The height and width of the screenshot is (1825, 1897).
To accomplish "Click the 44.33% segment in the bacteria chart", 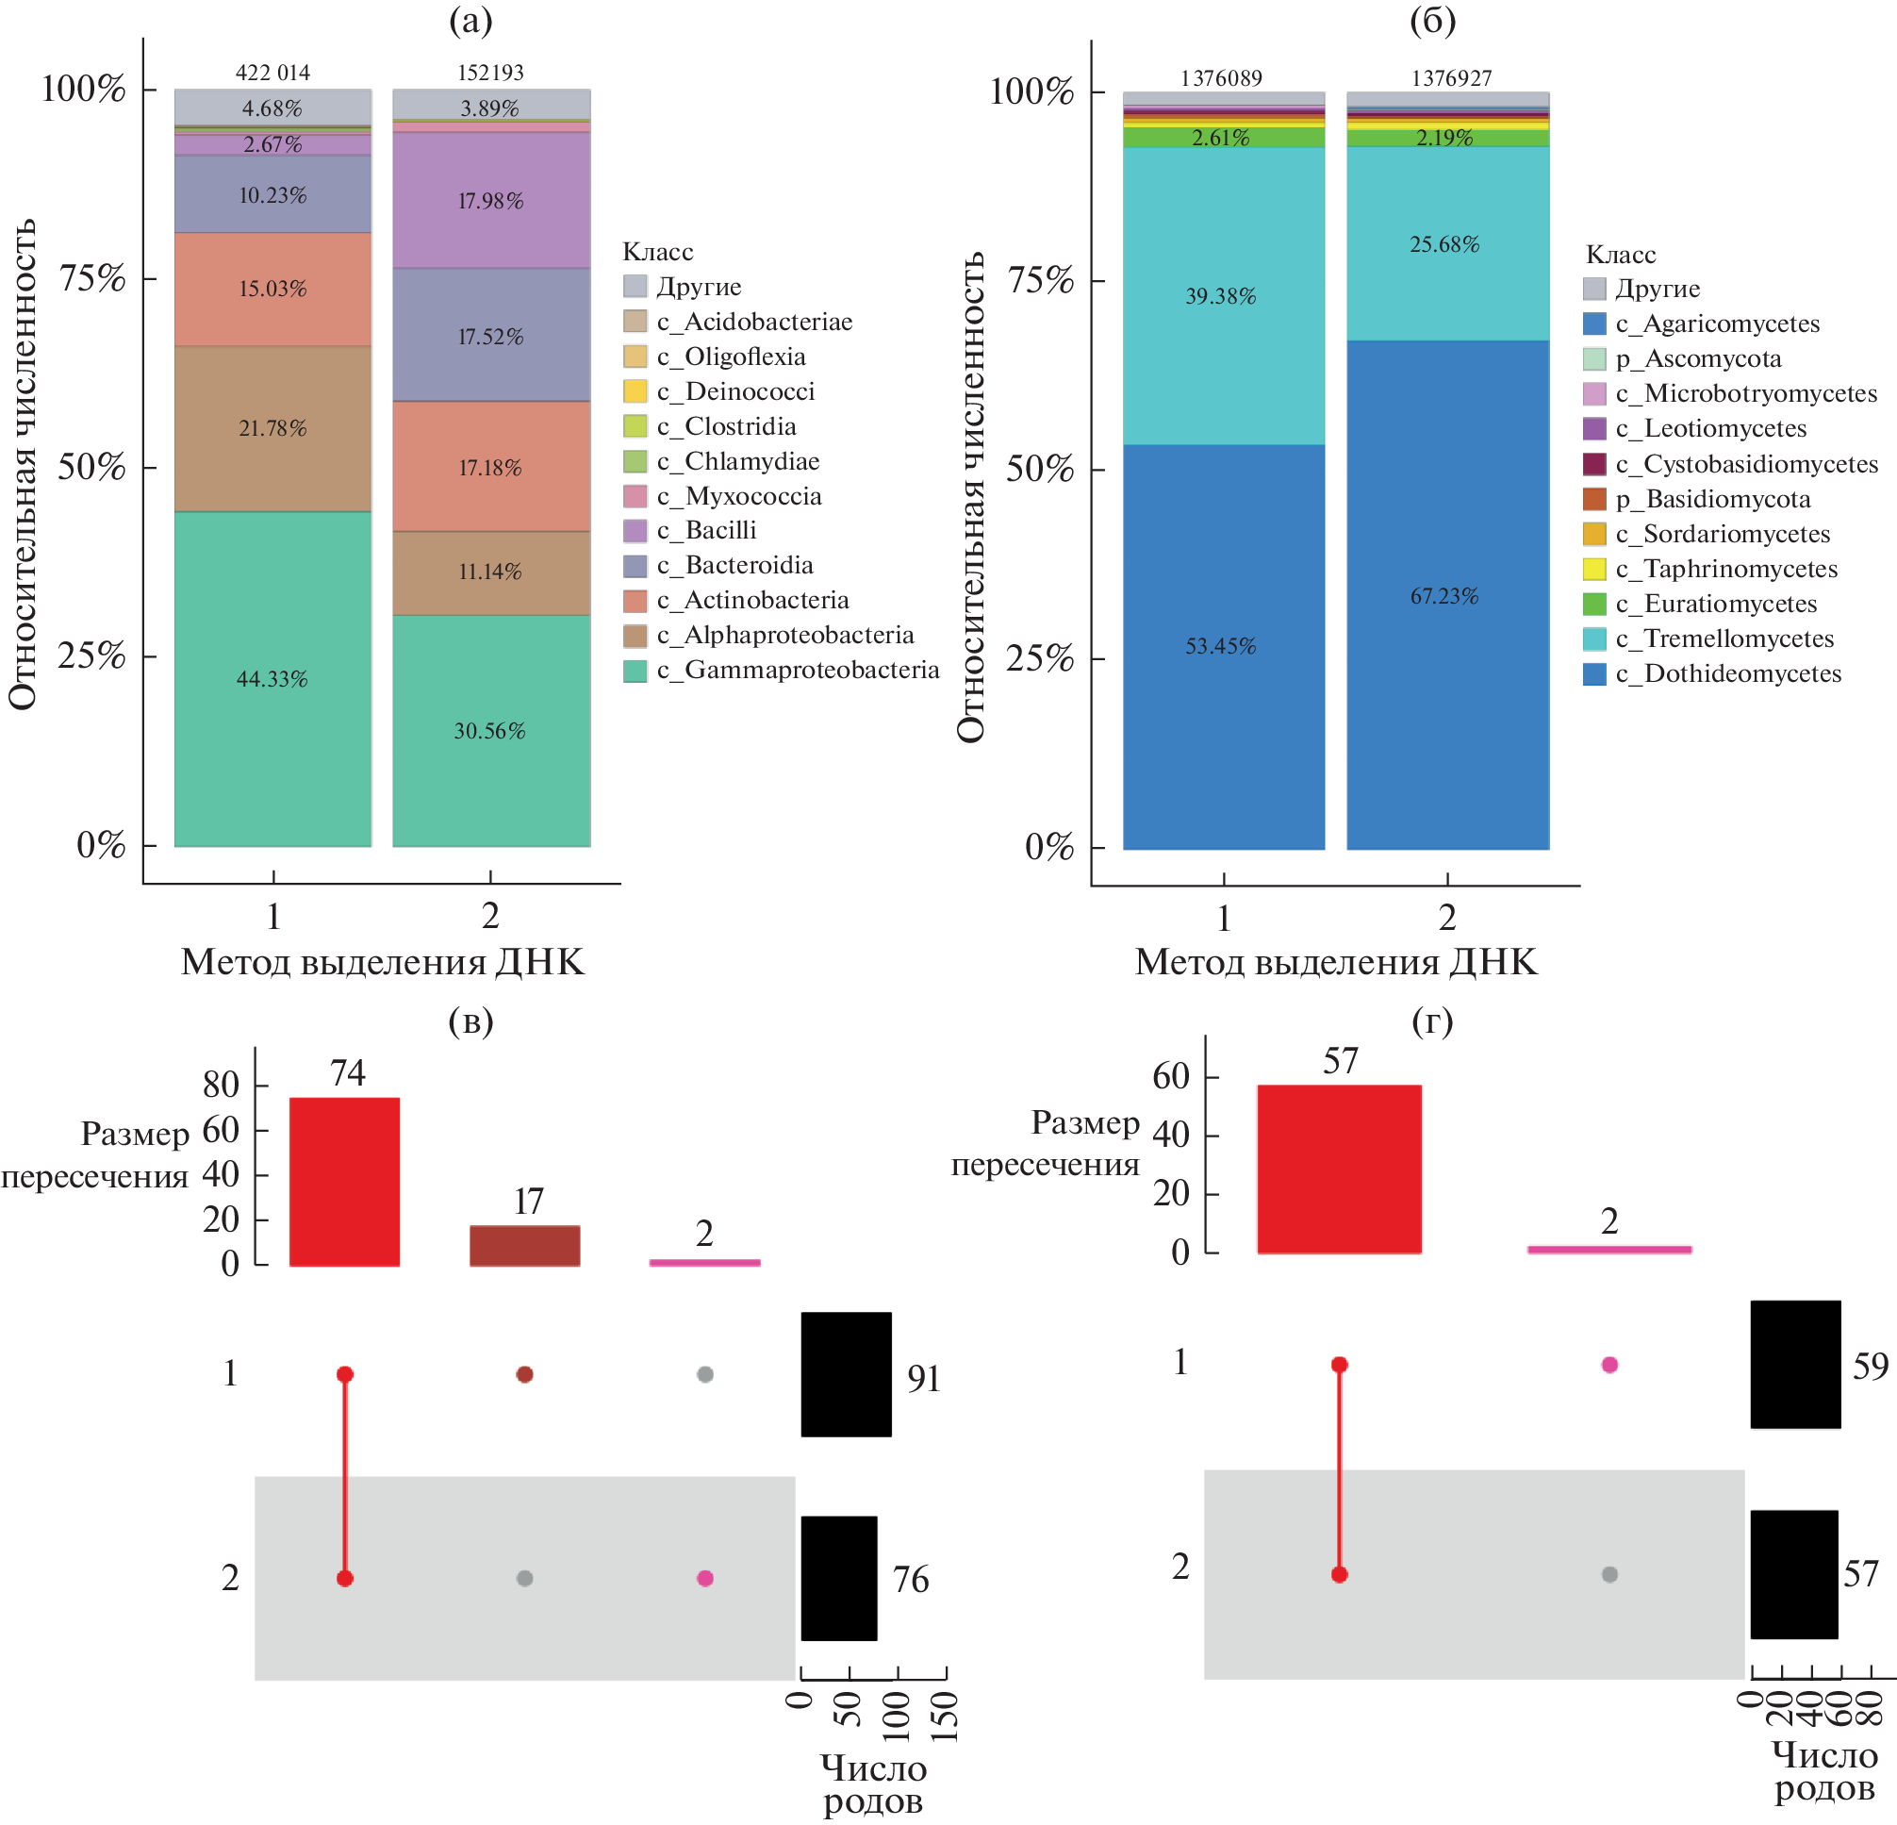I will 272,679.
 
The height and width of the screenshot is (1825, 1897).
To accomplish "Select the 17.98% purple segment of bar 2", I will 490,200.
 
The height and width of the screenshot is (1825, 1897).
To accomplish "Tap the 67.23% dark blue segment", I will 1447,595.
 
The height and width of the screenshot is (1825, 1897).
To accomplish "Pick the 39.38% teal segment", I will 1223,295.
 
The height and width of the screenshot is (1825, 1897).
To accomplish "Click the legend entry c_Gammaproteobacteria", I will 797,670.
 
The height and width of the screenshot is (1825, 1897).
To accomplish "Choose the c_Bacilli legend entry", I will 720,531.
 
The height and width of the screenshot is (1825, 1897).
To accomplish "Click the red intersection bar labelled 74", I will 344,1181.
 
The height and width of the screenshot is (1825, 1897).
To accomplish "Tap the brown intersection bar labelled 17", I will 524,1245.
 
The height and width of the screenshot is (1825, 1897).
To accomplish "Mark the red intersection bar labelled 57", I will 1339,1169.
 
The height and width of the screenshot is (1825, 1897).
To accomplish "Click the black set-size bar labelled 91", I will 846,1374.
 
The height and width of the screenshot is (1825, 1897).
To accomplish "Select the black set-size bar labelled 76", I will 838,1578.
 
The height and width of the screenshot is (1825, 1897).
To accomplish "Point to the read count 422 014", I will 272,73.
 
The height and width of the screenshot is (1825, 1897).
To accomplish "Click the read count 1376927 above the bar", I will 1451,78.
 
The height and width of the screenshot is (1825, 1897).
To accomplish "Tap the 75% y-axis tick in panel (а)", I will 93,279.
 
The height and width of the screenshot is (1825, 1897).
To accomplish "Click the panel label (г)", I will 1431,1021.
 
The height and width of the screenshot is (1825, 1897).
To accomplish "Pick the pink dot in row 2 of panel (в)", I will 704,1578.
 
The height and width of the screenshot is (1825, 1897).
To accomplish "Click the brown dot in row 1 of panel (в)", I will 524,1374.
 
